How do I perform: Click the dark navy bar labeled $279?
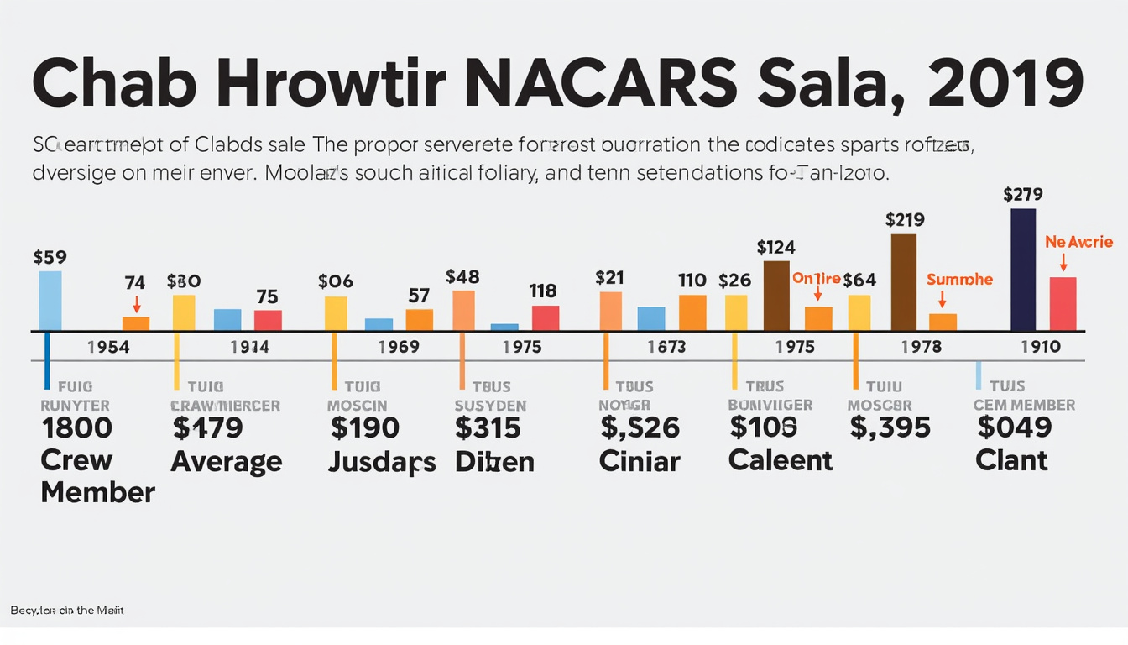tap(1023, 270)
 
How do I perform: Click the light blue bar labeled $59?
tap(50, 301)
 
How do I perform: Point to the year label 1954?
tap(108, 347)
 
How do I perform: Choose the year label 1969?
tap(398, 347)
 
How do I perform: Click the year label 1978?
tap(921, 347)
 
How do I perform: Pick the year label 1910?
tap(1041, 347)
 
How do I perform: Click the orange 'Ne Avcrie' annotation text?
tap(1078, 242)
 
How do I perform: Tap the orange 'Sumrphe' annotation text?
tap(959, 280)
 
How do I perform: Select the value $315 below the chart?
tap(488, 428)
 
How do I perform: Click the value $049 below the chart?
tap(1014, 427)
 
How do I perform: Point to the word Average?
tap(227, 461)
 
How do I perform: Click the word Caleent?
tap(781, 460)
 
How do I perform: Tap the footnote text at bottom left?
tap(67, 611)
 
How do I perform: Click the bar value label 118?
tap(543, 291)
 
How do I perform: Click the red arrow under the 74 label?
tap(136, 305)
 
